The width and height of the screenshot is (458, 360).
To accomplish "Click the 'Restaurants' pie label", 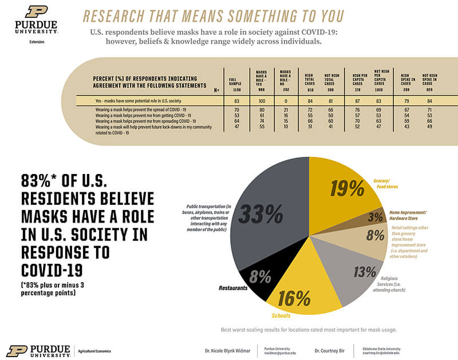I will click(231, 288).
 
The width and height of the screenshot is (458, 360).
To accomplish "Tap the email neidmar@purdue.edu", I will click(281, 353).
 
